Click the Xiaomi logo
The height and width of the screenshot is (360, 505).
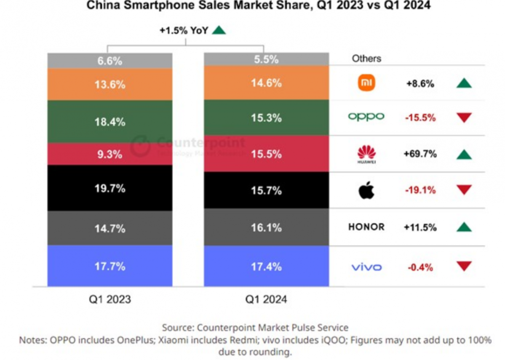366,83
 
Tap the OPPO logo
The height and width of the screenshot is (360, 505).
366,117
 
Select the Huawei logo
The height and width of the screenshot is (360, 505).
366,155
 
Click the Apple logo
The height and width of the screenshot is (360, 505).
366,191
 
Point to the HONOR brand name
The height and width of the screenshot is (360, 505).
366,227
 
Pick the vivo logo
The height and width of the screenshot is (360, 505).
366,267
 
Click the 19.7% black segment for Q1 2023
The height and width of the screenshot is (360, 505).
110,188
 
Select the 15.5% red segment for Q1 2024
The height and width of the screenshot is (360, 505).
266,154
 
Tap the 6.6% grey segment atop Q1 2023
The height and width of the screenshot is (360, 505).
110,61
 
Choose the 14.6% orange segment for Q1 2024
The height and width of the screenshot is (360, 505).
266,83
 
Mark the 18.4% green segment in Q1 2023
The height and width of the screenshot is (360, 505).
110,122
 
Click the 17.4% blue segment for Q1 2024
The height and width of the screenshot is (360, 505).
266,266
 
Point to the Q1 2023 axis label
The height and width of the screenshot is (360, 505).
110,299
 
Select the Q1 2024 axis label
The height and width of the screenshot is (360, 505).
266,299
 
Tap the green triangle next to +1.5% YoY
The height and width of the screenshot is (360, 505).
219,30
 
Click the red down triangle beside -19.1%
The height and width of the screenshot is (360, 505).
464,190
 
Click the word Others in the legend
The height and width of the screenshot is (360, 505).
366,59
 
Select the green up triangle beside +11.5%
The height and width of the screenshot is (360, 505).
464,227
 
